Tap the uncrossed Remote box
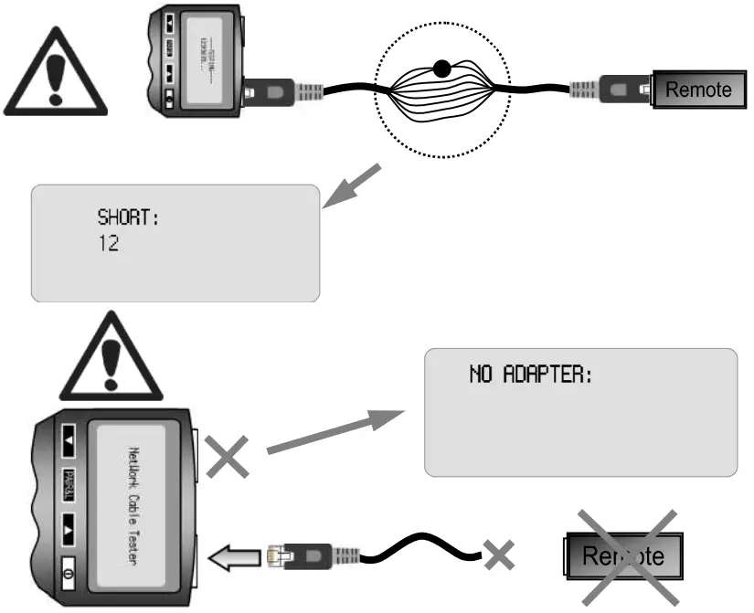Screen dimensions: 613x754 pos(697,90)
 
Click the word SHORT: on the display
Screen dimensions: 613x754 pos(129,219)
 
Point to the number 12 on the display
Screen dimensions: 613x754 pos(108,245)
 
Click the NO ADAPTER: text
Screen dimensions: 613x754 pos(531,375)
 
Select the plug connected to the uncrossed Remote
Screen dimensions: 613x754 pos(612,90)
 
